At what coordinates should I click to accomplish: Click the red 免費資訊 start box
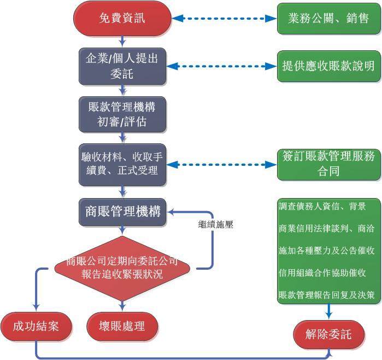122,19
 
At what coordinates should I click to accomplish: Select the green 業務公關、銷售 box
328,19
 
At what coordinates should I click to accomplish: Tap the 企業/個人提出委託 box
122,66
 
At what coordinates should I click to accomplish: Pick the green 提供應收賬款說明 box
328,66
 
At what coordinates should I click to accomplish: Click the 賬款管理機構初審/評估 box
122,114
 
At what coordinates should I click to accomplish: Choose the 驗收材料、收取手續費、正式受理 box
122,163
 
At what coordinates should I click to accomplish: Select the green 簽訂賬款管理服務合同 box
328,164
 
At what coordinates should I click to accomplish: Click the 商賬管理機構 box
122,211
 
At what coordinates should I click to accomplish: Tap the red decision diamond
122,268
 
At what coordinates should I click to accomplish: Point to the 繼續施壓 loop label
216,224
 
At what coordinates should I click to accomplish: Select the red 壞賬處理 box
122,327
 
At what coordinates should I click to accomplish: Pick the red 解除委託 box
328,334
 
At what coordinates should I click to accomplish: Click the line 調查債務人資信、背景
322,207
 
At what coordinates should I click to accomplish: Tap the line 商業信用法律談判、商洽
326,229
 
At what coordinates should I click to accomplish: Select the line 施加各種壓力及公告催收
326,251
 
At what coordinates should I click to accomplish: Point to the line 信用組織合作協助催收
322,272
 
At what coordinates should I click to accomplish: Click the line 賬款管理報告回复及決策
326,295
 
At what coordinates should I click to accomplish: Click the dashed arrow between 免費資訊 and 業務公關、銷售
225,19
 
